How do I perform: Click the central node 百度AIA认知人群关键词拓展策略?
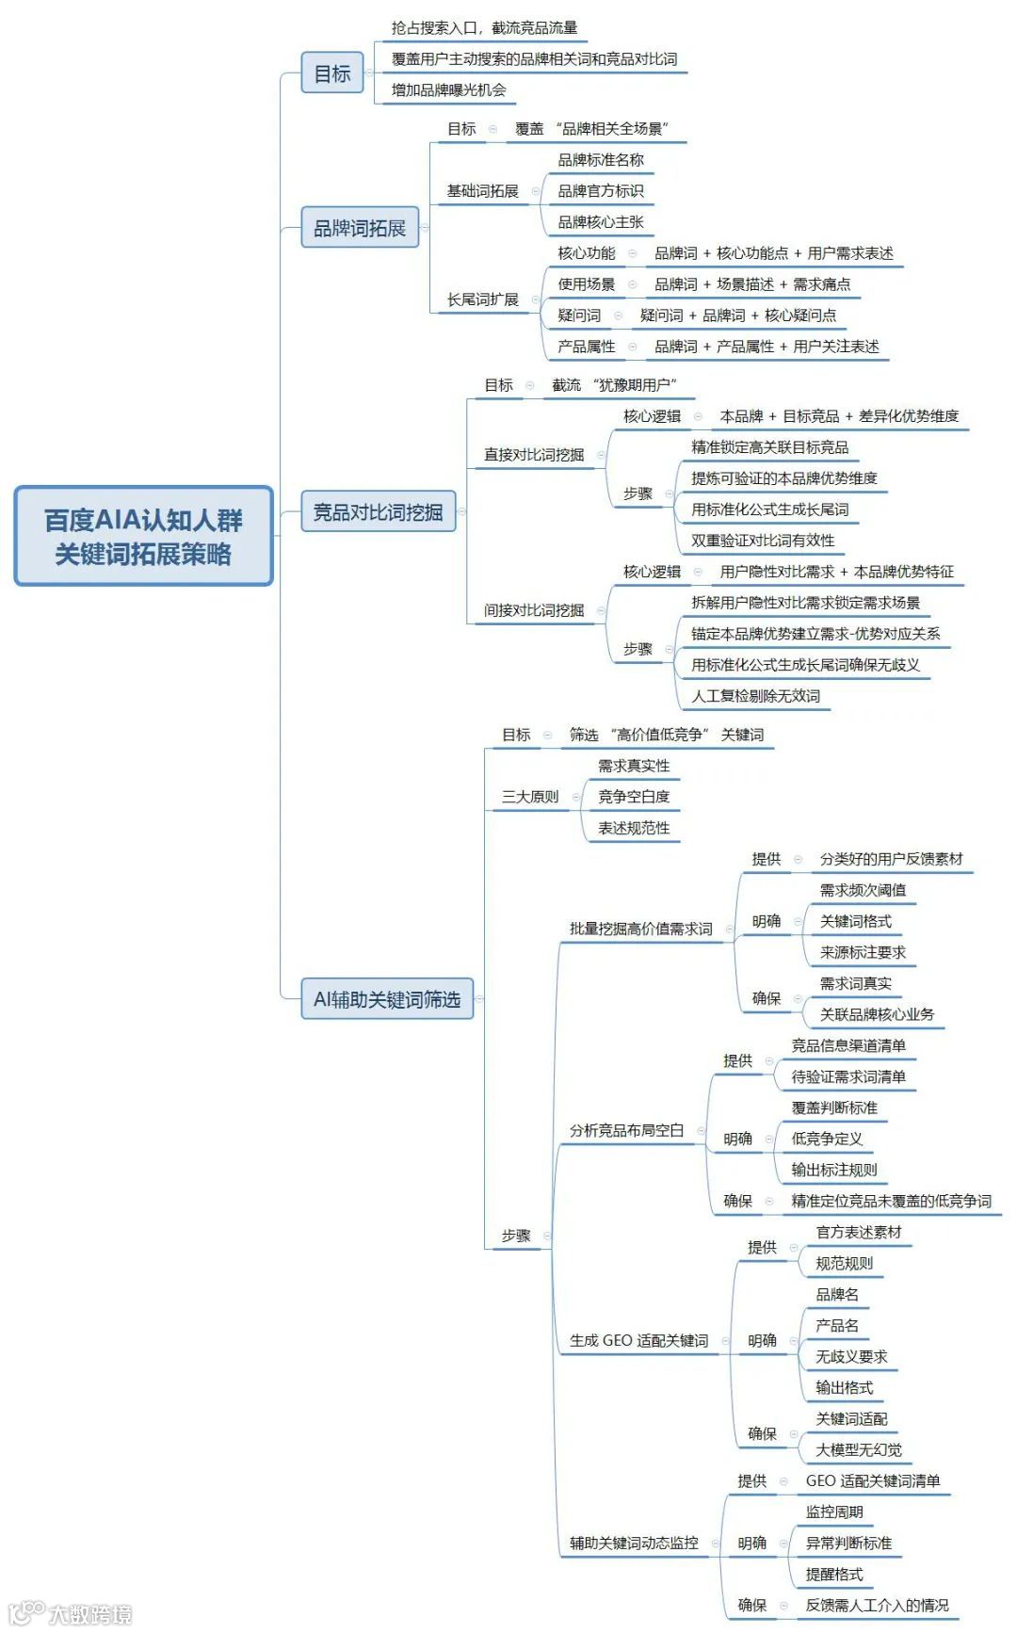143,536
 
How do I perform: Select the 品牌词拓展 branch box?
359,228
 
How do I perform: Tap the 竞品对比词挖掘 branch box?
378,512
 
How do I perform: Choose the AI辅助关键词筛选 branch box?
386,999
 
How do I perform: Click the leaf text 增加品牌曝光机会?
448,90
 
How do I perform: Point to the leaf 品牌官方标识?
601,191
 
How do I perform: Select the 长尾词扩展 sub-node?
482,299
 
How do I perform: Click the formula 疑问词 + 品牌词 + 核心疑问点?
737,315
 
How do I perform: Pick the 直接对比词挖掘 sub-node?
533,455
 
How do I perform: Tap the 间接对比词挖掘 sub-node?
533,610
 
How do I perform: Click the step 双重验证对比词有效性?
763,541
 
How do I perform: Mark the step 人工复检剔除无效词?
755,696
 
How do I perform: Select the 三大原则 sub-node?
529,797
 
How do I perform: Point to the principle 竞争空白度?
634,797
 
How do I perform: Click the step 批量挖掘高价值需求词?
640,929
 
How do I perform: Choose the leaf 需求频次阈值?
863,890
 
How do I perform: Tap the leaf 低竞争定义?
827,1139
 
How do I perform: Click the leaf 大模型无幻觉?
858,1449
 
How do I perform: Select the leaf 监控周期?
834,1512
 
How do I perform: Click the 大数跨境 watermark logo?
71,1612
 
